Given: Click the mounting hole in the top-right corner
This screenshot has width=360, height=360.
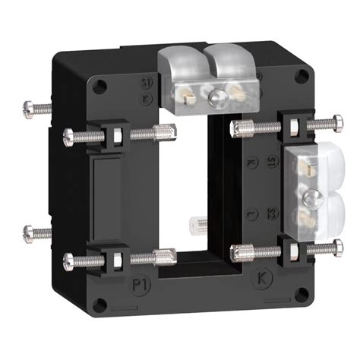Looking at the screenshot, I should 303,75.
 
